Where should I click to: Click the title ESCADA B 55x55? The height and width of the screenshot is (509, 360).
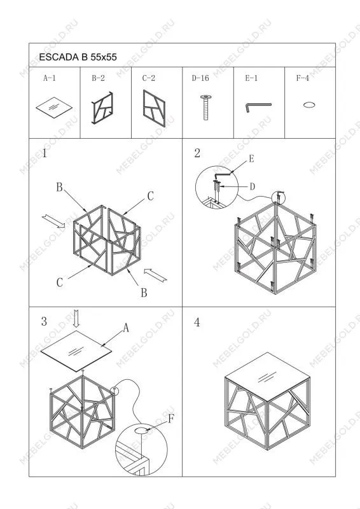tap(78, 57)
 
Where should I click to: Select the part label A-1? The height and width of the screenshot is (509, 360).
tap(50, 78)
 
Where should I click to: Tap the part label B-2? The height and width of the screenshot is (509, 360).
tap(98, 78)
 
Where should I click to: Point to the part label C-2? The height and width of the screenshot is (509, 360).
tap(149, 78)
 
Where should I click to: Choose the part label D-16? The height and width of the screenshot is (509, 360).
tap(200, 78)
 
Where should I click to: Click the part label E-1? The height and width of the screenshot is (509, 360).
tap(251, 78)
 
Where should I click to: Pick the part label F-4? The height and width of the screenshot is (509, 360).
tap(303, 78)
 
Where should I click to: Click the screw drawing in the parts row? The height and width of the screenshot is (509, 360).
tap(206, 108)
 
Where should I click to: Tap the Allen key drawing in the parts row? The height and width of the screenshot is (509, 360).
tap(258, 107)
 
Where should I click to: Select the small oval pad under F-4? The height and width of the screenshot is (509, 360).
tap(309, 105)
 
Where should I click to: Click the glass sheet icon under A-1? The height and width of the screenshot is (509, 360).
tap(54, 108)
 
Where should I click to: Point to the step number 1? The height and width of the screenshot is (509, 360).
tap(44, 153)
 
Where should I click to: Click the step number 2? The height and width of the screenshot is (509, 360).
tap(197, 153)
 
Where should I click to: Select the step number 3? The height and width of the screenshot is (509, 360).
tap(44, 321)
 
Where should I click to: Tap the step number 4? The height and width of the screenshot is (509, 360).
tap(197, 323)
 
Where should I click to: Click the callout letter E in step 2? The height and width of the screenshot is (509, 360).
tap(251, 158)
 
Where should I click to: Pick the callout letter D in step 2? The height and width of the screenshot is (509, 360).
tap(253, 186)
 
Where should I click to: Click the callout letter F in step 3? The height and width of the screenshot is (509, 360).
tap(171, 419)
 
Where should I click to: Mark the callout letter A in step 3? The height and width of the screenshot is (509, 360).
tap(126, 328)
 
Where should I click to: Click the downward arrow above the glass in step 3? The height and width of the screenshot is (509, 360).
tap(76, 319)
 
